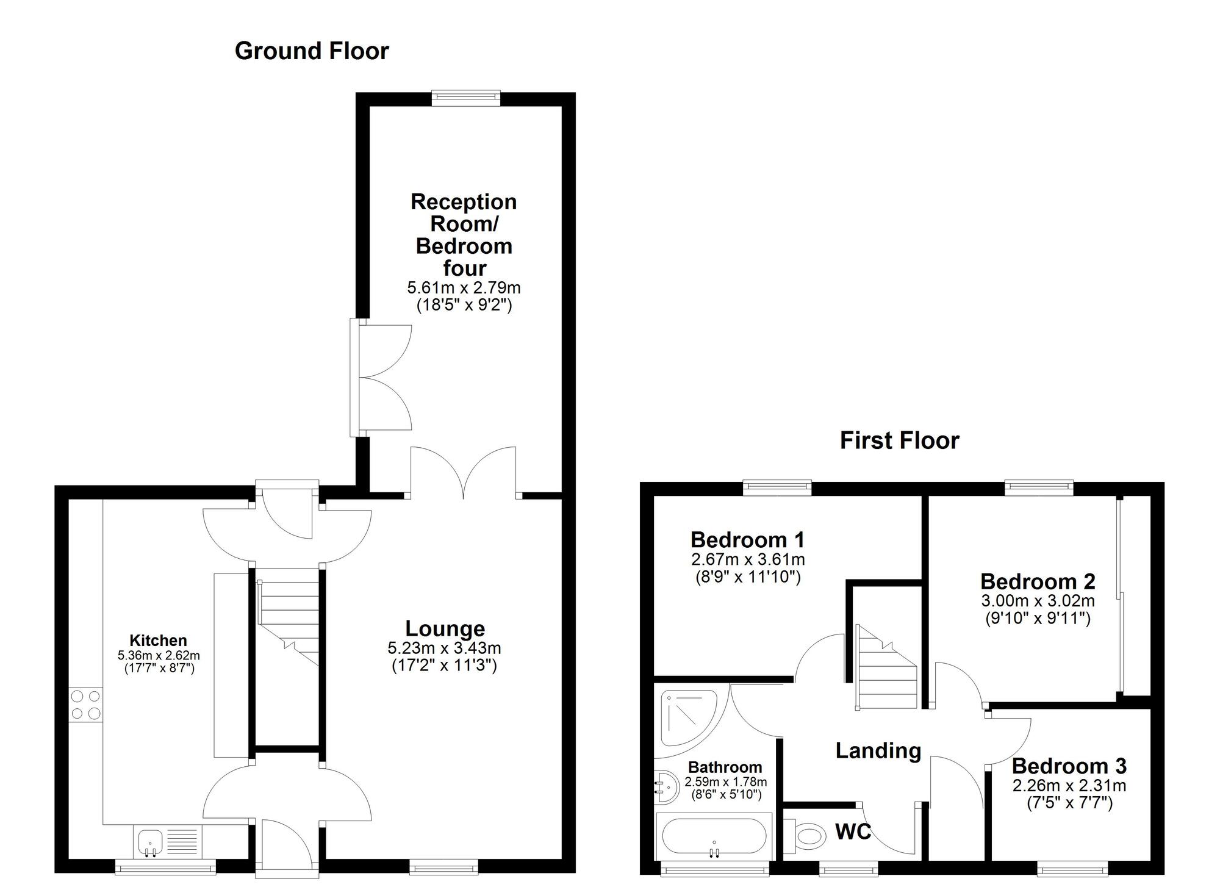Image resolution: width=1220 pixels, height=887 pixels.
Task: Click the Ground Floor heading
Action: (x=312, y=51)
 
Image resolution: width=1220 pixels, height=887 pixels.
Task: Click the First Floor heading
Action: (x=899, y=440)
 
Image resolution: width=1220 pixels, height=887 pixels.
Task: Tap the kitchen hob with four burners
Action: (x=86, y=705)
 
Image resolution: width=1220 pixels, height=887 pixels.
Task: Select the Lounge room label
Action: (x=445, y=628)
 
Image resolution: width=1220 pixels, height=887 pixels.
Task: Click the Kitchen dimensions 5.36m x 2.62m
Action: (x=159, y=656)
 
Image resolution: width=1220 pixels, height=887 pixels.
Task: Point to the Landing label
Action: (x=878, y=751)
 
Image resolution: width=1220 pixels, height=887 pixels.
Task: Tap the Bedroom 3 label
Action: (x=1069, y=766)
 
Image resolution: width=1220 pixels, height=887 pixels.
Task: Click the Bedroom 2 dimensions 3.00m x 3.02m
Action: (x=1038, y=600)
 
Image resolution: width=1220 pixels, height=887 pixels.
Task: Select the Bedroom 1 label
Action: (x=747, y=540)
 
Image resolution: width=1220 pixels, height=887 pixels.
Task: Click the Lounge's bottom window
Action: (x=443, y=866)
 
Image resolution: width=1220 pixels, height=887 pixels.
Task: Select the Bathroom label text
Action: (x=725, y=767)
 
